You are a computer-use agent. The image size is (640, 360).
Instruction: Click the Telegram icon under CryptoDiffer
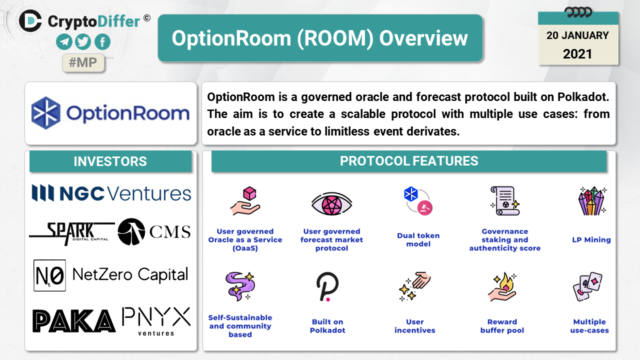(64, 41)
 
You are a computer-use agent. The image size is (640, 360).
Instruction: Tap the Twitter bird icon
(83, 41)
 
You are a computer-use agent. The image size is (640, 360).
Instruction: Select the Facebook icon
(102, 41)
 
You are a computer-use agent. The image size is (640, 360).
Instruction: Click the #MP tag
(83, 62)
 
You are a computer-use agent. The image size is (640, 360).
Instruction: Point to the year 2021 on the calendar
(577, 54)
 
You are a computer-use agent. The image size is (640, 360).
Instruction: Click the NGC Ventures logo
(111, 193)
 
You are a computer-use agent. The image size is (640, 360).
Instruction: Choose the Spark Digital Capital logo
(72, 233)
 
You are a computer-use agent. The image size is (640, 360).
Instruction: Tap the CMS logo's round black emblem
(131, 231)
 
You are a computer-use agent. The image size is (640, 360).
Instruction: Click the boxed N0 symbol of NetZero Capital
(49, 275)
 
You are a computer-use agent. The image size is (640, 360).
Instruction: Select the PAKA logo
(74, 321)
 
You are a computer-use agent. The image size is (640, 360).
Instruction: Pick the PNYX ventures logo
(156, 321)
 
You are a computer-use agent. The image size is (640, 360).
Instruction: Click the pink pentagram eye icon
(331, 204)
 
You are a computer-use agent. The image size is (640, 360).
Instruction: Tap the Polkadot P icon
(327, 287)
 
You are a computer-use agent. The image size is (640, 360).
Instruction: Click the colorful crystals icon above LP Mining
(591, 201)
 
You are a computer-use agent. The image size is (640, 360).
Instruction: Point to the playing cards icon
(588, 286)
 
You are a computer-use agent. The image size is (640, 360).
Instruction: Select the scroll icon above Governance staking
(505, 201)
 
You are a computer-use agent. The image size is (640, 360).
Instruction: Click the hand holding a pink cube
(245, 201)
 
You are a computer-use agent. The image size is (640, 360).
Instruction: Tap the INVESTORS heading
(110, 161)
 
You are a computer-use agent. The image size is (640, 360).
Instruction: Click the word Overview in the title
(423, 38)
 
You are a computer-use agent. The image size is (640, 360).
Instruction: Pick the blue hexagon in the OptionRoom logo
(45, 113)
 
